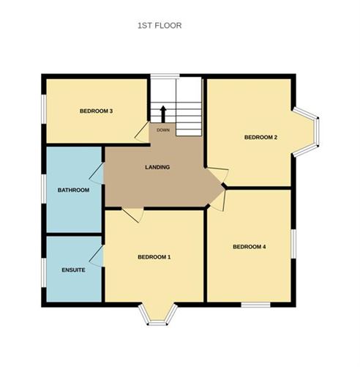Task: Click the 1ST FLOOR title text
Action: click(x=160, y=26)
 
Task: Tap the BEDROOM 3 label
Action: click(x=96, y=111)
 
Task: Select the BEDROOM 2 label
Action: click(x=260, y=137)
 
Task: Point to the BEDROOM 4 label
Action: click(x=249, y=247)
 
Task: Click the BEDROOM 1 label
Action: click(x=154, y=257)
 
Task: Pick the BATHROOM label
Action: click(x=73, y=190)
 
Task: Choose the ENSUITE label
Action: click(x=73, y=270)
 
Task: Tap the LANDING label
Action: click(x=157, y=168)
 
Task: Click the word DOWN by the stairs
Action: click(x=162, y=130)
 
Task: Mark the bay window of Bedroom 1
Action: click(x=159, y=314)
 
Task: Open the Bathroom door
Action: click(x=97, y=173)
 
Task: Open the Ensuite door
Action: click(x=96, y=254)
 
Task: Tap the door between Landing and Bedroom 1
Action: click(x=132, y=214)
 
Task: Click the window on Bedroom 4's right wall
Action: click(x=293, y=244)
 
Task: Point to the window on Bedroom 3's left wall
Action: click(x=42, y=114)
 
